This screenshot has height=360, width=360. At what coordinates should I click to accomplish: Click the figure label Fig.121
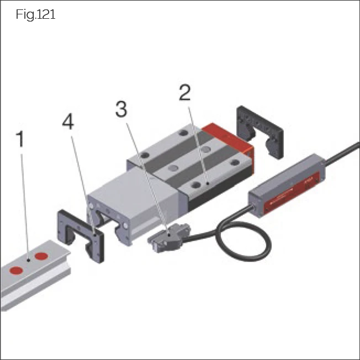click(x=36, y=15)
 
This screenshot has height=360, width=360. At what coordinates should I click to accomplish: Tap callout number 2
click(x=184, y=92)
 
